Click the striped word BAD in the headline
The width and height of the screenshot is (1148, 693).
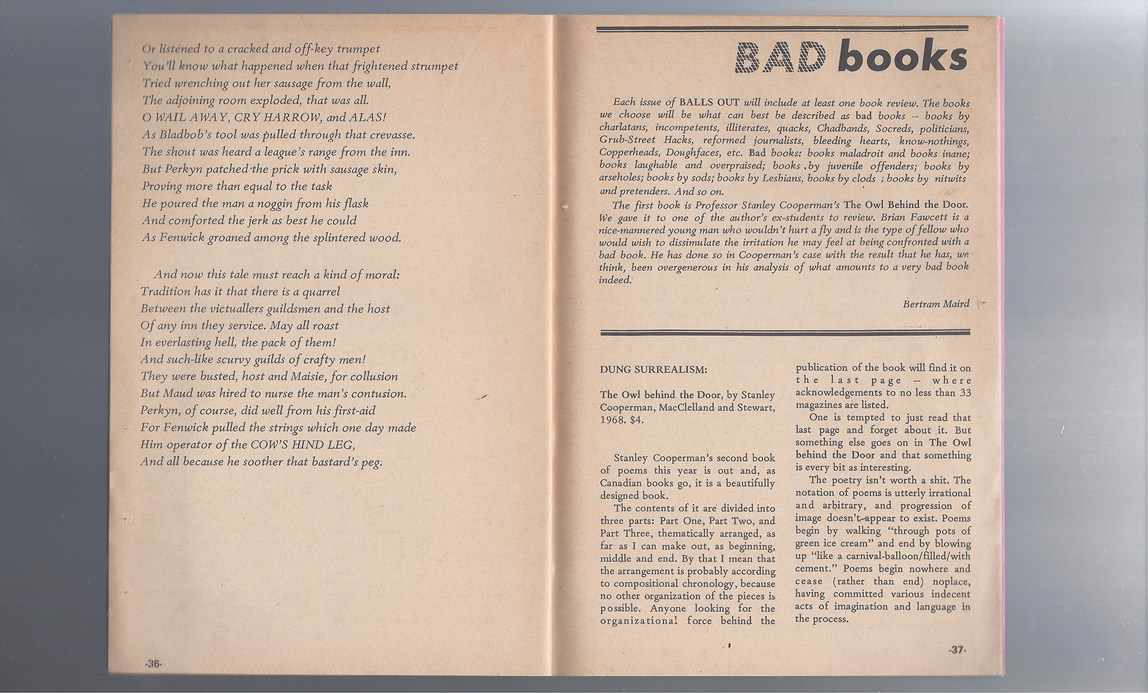coord(783,58)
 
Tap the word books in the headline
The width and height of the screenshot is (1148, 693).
coord(902,58)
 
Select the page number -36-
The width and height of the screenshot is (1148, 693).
coord(153,664)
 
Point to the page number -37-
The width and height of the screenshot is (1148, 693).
coord(957,650)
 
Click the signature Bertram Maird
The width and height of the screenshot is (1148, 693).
coord(936,304)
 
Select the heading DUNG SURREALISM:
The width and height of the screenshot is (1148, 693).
coord(653,370)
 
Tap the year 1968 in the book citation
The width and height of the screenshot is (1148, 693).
coord(612,420)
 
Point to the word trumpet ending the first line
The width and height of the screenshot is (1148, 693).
coord(358,49)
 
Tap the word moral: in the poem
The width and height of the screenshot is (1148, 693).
coord(382,274)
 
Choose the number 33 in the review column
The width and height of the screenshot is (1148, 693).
coord(964,393)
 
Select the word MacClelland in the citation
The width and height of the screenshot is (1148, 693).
coord(671,407)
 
